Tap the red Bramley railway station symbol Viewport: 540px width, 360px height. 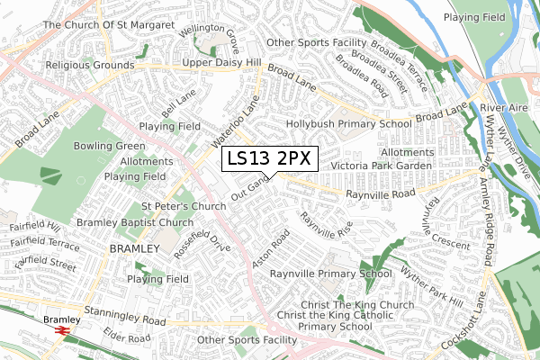tap(62, 331)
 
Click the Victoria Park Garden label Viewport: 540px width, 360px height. tap(382, 166)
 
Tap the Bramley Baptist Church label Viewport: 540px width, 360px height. tap(135, 222)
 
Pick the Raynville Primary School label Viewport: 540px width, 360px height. tap(330, 273)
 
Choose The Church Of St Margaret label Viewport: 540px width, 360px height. tap(108, 25)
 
